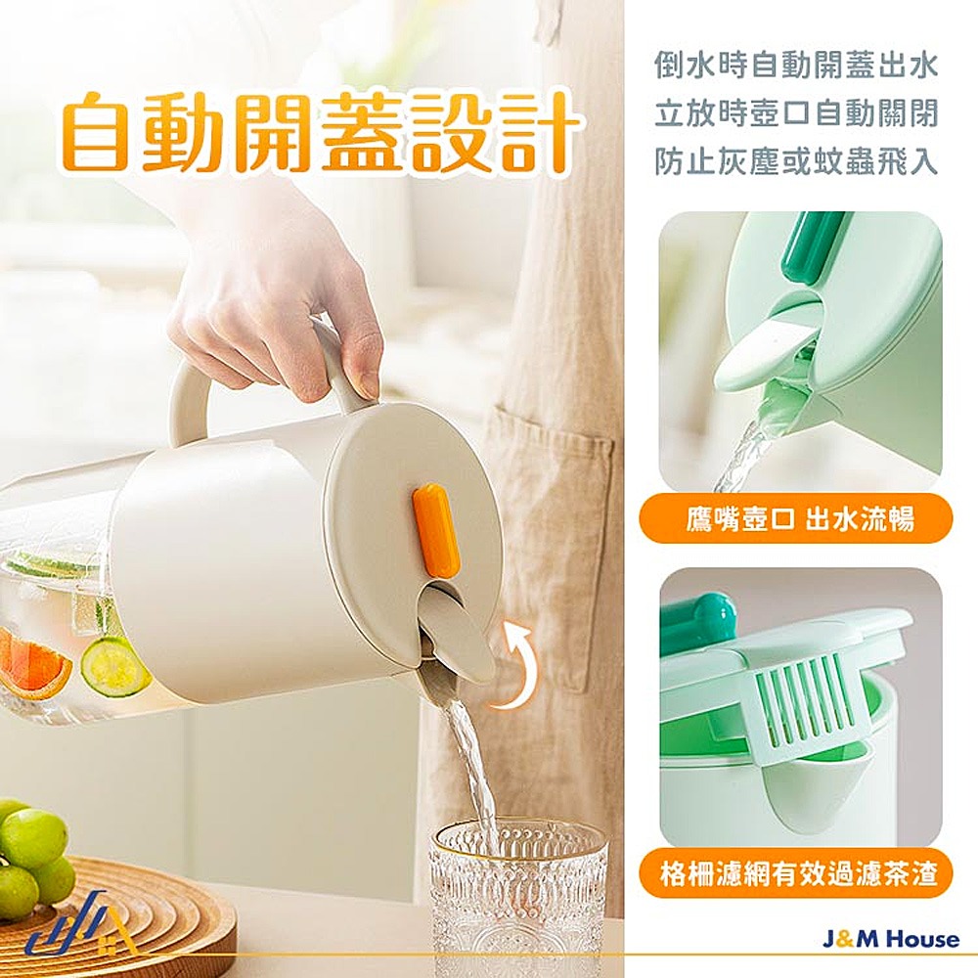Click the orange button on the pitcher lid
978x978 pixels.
point(435,529)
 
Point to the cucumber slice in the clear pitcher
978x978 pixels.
point(114,666)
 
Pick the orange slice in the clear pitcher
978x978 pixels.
point(34,665)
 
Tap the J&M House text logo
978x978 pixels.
point(890,940)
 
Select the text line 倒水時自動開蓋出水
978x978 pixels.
point(795,66)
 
